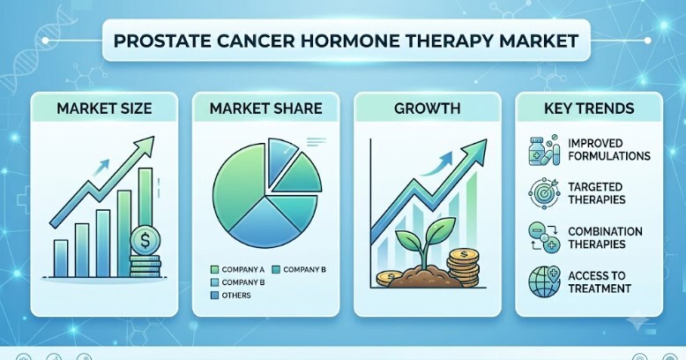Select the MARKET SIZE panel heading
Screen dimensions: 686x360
click(104, 109)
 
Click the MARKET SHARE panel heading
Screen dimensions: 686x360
click(266, 109)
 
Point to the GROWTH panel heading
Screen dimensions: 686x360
click(428, 109)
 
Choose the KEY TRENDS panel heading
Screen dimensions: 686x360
click(589, 109)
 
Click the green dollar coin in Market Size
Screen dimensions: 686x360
click(145, 240)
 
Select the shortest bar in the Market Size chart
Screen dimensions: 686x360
click(61, 259)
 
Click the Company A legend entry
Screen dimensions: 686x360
click(237, 269)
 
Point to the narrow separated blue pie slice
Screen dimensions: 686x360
click(280, 159)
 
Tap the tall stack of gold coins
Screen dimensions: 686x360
click(464, 267)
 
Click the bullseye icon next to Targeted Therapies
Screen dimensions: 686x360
click(544, 193)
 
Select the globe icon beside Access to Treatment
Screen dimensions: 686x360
click(544, 281)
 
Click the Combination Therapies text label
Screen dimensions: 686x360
click(605, 237)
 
